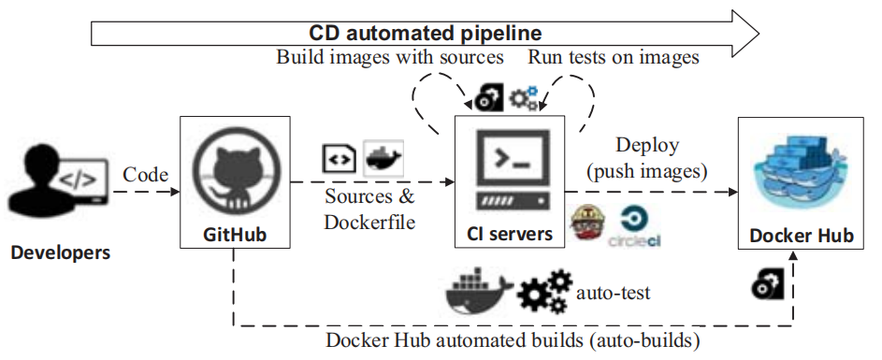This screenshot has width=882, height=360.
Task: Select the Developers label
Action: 60,252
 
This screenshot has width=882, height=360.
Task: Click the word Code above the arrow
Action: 145,173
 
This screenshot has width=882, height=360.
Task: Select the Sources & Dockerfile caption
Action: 369,209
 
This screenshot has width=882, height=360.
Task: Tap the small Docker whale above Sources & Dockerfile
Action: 382,156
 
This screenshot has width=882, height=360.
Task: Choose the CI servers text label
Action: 509,233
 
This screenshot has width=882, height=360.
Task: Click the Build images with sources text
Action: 390,57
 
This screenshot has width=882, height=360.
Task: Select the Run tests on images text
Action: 614,57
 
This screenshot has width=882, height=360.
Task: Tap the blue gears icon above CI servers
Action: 526,96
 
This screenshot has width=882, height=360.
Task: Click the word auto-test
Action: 614,293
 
